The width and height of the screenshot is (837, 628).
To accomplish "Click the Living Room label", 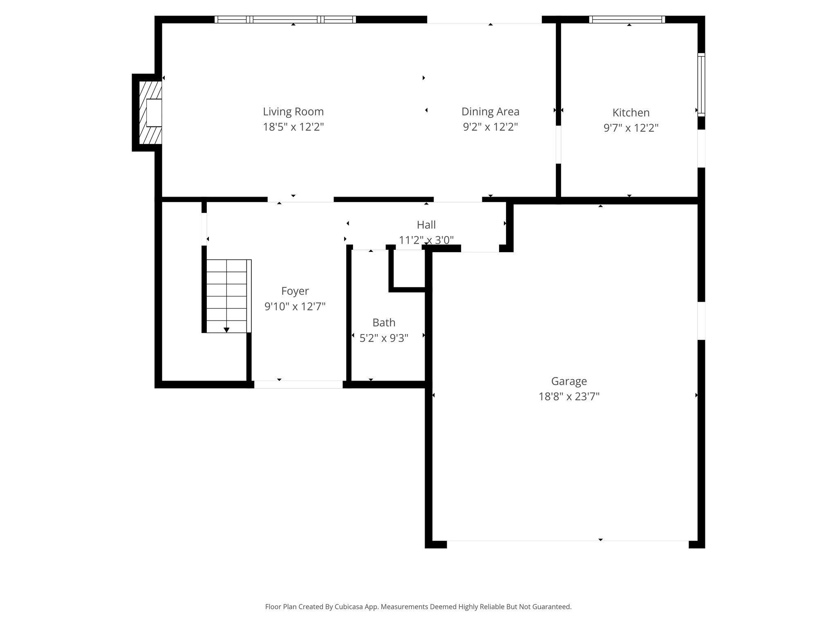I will click(x=293, y=112).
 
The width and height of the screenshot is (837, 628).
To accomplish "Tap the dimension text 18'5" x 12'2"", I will click(x=293, y=127).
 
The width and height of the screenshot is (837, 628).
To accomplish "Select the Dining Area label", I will click(x=490, y=112).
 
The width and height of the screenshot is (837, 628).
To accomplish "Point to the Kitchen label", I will click(x=631, y=112).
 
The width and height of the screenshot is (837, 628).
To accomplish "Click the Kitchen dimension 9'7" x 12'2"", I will click(x=631, y=128).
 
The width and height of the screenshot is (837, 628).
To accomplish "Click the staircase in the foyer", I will click(x=227, y=296).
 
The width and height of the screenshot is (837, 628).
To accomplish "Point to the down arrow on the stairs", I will click(x=226, y=330).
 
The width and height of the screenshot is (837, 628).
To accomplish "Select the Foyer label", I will click(x=295, y=291).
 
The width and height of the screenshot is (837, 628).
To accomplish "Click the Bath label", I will click(x=384, y=323).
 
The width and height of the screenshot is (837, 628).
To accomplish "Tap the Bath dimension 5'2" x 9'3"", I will click(x=384, y=338).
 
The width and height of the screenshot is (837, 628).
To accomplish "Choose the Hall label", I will click(x=426, y=225).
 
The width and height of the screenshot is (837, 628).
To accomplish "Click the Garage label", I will click(x=569, y=381).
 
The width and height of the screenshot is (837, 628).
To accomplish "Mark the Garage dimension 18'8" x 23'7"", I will click(x=569, y=397).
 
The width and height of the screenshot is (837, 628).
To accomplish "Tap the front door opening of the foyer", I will click(x=298, y=384).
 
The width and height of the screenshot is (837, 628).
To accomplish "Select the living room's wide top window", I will click(x=285, y=19).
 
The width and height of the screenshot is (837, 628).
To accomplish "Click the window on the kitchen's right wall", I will click(x=701, y=85).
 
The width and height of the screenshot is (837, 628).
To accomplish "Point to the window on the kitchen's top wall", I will click(x=627, y=19).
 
